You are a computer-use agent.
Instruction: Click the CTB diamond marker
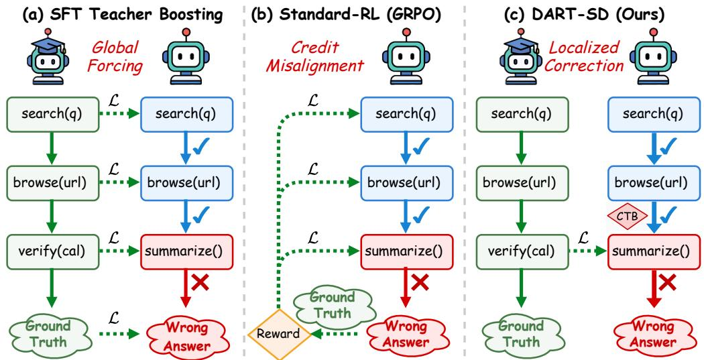point(627,217)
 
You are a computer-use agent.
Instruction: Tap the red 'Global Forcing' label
point(115,56)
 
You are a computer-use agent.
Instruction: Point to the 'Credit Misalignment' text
point(314,56)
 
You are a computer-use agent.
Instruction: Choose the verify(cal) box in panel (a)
point(52,251)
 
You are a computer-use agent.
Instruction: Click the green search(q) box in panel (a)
point(52,115)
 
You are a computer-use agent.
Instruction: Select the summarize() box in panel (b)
point(406,251)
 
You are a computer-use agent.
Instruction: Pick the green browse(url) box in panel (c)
point(522,183)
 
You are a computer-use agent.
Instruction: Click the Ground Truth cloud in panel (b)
point(333,305)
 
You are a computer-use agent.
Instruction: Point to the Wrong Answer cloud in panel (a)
point(186,337)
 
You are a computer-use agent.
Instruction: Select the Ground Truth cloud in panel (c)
point(521,335)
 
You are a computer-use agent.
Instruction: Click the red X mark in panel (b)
point(420,283)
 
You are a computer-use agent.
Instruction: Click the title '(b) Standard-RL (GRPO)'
point(346,15)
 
